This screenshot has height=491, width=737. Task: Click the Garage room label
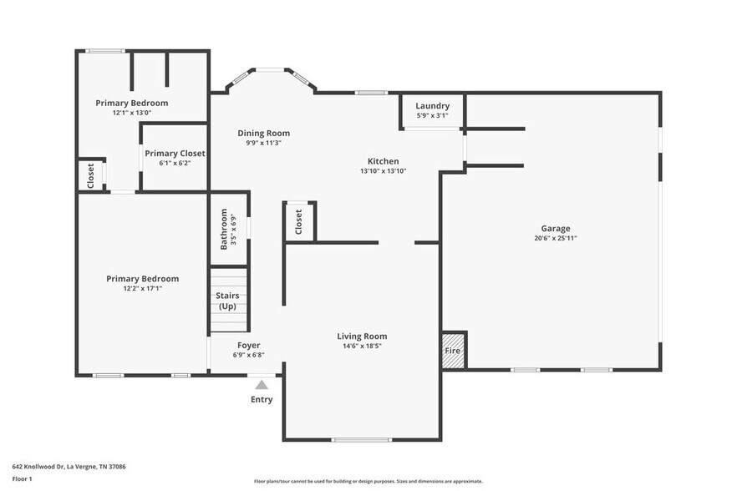click(555, 228)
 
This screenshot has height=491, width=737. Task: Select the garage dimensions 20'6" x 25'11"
click(555, 238)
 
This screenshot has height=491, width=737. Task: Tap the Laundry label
click(432, 106)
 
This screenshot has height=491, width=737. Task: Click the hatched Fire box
click(452, 351)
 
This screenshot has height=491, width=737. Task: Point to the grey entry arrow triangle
click(262, 385)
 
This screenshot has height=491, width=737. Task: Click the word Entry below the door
click(262, 399)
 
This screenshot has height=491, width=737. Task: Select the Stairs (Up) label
click(227, 301)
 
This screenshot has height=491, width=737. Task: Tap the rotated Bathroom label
click(224, 228)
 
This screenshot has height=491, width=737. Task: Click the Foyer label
click(248, 345)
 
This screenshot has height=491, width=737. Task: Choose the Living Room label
click(362, 337)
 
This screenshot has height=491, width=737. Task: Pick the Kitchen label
click(384, 161)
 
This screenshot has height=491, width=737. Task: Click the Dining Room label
click(263, 133)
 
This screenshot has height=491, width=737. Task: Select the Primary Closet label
click(175, 154)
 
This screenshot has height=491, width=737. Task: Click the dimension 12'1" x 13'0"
click(131, 113)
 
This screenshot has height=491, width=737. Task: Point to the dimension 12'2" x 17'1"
click(142, 288)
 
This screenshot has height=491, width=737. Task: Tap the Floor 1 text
click(22, 478)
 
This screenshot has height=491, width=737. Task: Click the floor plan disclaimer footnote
click(368, 481)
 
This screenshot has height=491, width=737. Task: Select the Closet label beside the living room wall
click(298, 221)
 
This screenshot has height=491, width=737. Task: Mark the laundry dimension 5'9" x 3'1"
click(432, 115)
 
